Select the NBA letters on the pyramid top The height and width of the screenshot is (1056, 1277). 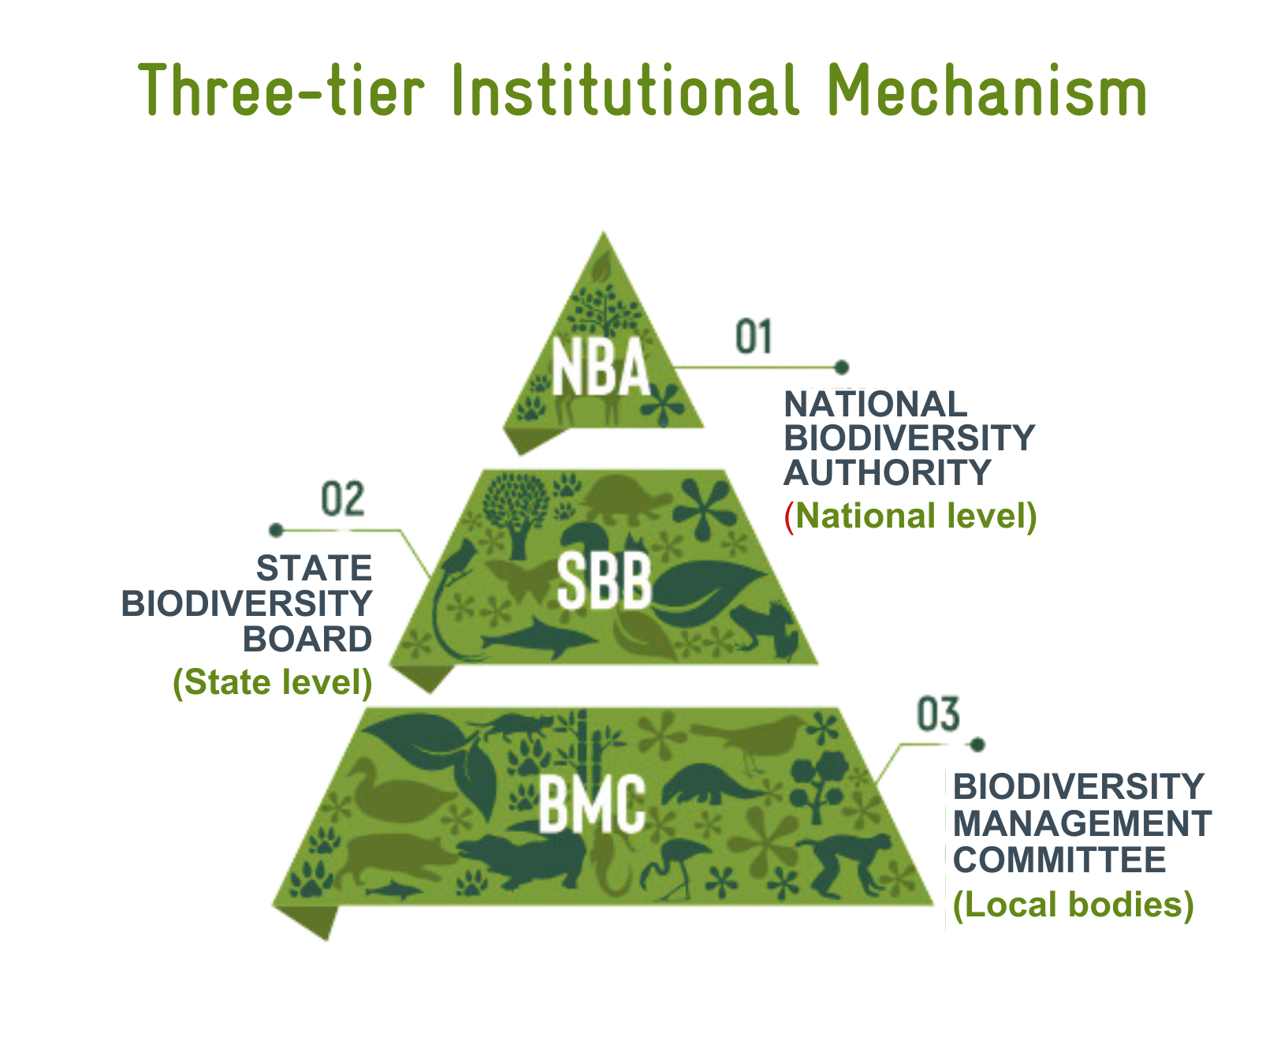[600, 368]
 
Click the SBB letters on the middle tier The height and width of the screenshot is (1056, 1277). [604, 580]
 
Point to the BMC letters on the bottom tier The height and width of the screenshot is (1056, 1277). [592, 804]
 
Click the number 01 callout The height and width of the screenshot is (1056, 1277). [754, 337]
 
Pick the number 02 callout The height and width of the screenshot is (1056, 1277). [343, 499]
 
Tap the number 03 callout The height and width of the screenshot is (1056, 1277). [938, 715]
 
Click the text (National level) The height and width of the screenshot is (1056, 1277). [910, 517]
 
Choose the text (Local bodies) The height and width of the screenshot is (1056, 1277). [1074, 905]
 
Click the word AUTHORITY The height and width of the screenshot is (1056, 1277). [887, 473]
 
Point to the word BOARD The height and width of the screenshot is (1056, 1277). [307, 640]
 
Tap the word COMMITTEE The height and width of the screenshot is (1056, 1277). [1059, 860]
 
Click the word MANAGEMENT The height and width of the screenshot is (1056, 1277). [1082, 824]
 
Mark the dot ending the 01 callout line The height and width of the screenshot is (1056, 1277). [842, 367]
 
